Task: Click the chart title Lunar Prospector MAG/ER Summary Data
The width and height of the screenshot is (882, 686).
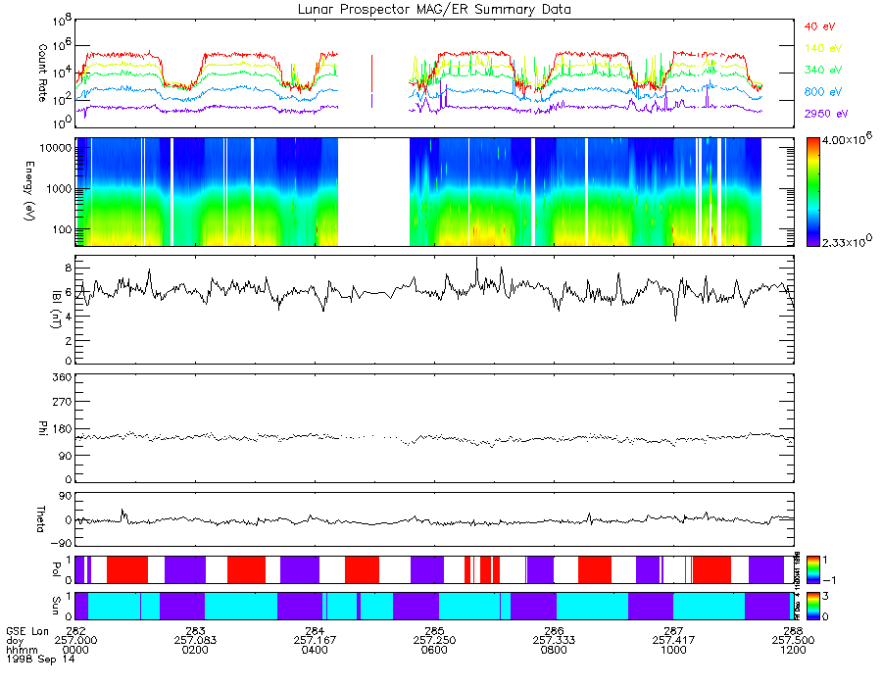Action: point(435,9)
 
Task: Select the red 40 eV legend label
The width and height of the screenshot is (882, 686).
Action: point(819,26)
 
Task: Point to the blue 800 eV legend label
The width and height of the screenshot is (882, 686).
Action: point(821,92)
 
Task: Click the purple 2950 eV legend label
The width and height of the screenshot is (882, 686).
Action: point(824,114)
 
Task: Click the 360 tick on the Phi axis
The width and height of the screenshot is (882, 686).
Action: point(61,376)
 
